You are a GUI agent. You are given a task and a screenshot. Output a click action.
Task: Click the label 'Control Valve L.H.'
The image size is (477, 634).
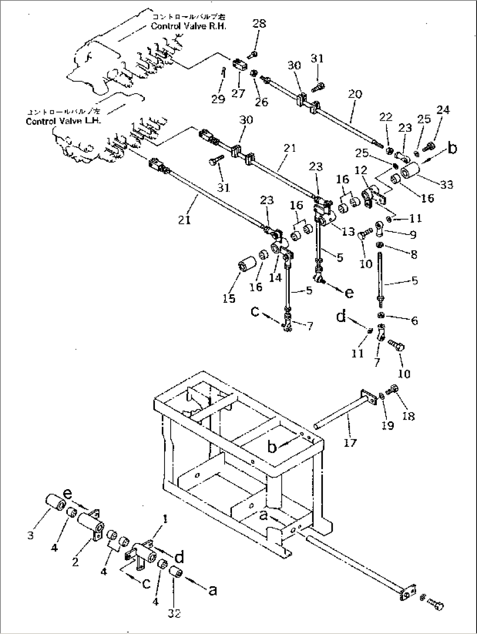pos(63,121)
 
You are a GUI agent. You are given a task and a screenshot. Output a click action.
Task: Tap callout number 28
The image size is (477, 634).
pos(259,23)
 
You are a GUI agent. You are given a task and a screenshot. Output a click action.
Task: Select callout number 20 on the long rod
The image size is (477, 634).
pos(355,94)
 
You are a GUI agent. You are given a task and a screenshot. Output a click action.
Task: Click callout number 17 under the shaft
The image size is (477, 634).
pos(350,443)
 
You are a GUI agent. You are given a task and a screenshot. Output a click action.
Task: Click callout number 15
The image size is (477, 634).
pos(229,298)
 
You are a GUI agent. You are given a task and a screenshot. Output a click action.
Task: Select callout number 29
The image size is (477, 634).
pos(218,99)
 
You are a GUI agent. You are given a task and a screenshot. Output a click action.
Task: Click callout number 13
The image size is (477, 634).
pos(348,232)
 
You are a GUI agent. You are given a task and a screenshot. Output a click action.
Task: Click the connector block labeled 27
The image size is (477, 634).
pos(239,66)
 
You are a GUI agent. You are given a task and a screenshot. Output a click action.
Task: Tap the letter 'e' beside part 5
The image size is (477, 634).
pos(349,292)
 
